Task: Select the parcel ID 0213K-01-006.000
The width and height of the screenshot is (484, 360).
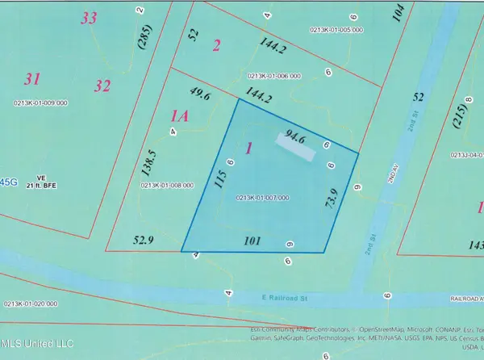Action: tap(273, 76)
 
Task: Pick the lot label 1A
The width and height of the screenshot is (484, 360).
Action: tap(180, 116)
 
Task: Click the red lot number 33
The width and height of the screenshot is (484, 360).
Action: tap(89, 18)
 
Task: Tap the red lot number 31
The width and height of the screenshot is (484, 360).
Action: tap(32, 79)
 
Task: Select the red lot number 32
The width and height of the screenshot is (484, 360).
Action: tap(102, 85)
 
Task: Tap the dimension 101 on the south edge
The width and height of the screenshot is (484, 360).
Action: tap(252, 240)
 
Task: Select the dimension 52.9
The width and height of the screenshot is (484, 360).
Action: tap(142, 239)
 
